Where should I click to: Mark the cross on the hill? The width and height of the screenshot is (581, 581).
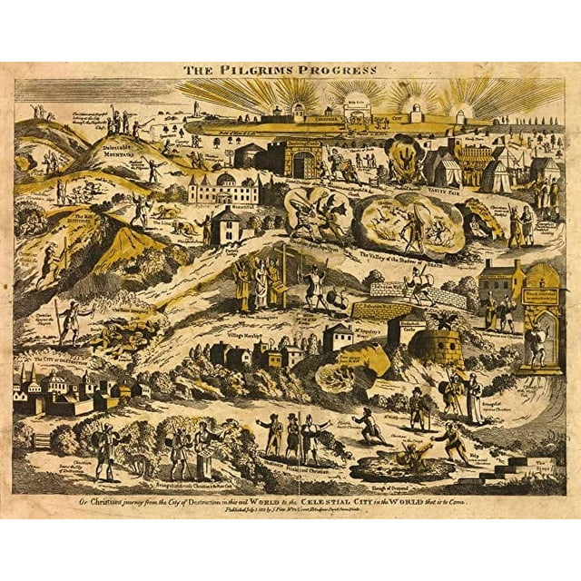284,259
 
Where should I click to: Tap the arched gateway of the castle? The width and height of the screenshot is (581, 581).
305,164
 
